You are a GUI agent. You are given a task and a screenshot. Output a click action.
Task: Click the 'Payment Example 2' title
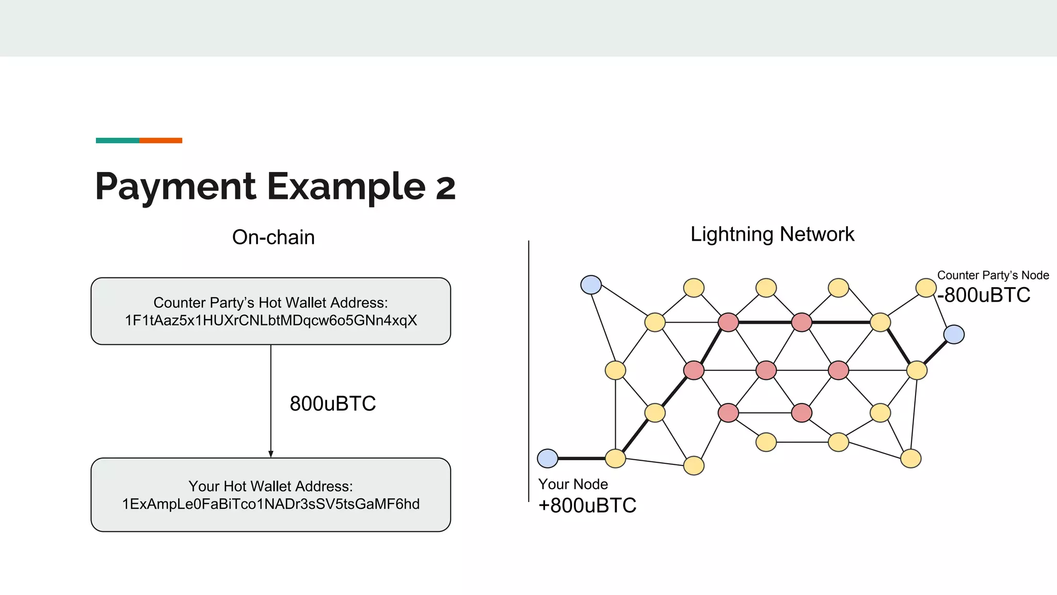(275, 186)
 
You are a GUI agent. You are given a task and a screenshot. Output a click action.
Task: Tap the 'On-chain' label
(273, 237)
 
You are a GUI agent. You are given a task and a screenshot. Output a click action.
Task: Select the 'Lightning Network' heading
(772, 234)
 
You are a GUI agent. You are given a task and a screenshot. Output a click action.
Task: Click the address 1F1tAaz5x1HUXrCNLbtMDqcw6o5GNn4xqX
(270, 321)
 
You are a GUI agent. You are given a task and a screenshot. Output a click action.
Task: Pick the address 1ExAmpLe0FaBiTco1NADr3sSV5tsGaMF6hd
(270, 504)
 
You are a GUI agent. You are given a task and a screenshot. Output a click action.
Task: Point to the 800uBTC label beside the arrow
(332, 403)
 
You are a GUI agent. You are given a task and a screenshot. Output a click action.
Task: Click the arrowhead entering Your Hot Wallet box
(270, 454)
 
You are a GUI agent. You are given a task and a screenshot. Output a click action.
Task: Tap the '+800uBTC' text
(587, 505)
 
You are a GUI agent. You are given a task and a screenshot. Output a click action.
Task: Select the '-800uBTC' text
(984, 295)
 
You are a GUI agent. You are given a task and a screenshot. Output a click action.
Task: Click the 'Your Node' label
(573, 484)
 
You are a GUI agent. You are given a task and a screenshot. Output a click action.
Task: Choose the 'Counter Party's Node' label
(992, 275)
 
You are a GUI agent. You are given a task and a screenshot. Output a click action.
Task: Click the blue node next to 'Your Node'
(548, 458)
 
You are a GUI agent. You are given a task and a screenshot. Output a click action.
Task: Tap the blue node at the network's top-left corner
(591, 285)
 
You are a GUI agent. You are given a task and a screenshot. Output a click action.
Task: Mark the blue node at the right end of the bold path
(954, 334)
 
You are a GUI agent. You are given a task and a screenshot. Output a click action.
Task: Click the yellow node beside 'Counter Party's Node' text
(926, 288)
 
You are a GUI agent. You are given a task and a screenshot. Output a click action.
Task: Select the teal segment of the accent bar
(117, 140)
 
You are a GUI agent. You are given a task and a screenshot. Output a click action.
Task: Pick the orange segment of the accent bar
(161, 140)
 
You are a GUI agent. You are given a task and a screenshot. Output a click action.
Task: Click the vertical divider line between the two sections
(528, 362)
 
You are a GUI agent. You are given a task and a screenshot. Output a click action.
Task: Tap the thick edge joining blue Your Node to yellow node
(581, 458)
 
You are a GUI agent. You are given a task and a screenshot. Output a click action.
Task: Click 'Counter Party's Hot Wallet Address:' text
(270, 303)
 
